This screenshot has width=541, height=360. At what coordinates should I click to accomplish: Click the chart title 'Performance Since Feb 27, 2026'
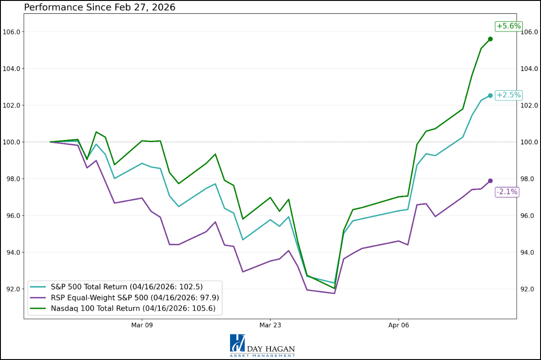100,8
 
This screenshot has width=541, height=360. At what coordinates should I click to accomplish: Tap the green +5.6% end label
509,26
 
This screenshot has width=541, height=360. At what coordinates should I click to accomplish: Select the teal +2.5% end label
509,95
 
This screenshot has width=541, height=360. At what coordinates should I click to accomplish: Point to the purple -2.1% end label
507,192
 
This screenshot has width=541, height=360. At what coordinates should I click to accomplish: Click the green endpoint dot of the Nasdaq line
490,39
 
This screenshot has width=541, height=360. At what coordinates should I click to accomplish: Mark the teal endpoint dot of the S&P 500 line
490,96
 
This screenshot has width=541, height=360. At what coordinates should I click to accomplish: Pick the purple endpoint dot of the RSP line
490,181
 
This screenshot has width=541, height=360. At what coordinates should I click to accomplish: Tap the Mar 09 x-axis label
142,325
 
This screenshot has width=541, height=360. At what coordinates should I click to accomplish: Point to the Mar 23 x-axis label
270,325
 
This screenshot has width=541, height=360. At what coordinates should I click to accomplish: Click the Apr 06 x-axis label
398,325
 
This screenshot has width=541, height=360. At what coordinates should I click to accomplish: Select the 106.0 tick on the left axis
12,32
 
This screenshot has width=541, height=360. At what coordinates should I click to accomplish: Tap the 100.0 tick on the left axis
12,142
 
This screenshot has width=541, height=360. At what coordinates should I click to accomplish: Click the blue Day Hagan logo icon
238,344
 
